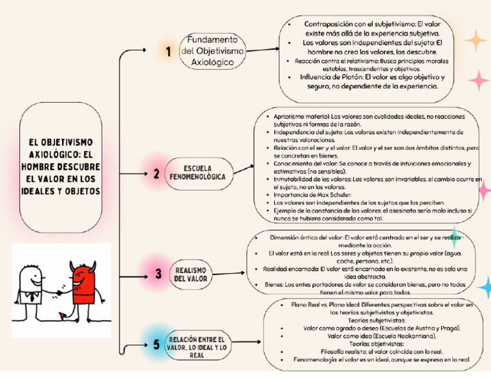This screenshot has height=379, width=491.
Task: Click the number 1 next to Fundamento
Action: [x=168, y=52]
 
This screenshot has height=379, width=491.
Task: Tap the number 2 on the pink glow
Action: [x=157, y=174]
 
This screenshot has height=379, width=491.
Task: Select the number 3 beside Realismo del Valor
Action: [x=158, y=274]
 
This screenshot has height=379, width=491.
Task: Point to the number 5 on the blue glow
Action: [x=157, y=345]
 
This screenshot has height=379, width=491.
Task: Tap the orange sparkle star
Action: [x=475, y=40]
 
